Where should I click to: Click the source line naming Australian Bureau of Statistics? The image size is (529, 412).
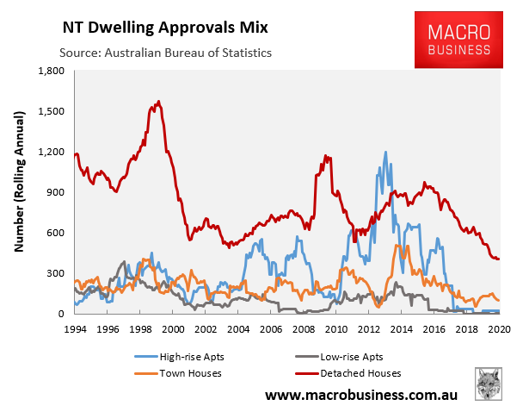point(165,53)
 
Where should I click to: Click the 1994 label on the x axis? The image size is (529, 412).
point(75,328)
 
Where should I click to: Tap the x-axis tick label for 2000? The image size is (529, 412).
point(172,328)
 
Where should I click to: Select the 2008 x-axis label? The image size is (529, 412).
point(304,328)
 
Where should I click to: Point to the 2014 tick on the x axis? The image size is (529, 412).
point(401,328)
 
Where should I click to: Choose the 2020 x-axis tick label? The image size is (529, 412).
point(499,328)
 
